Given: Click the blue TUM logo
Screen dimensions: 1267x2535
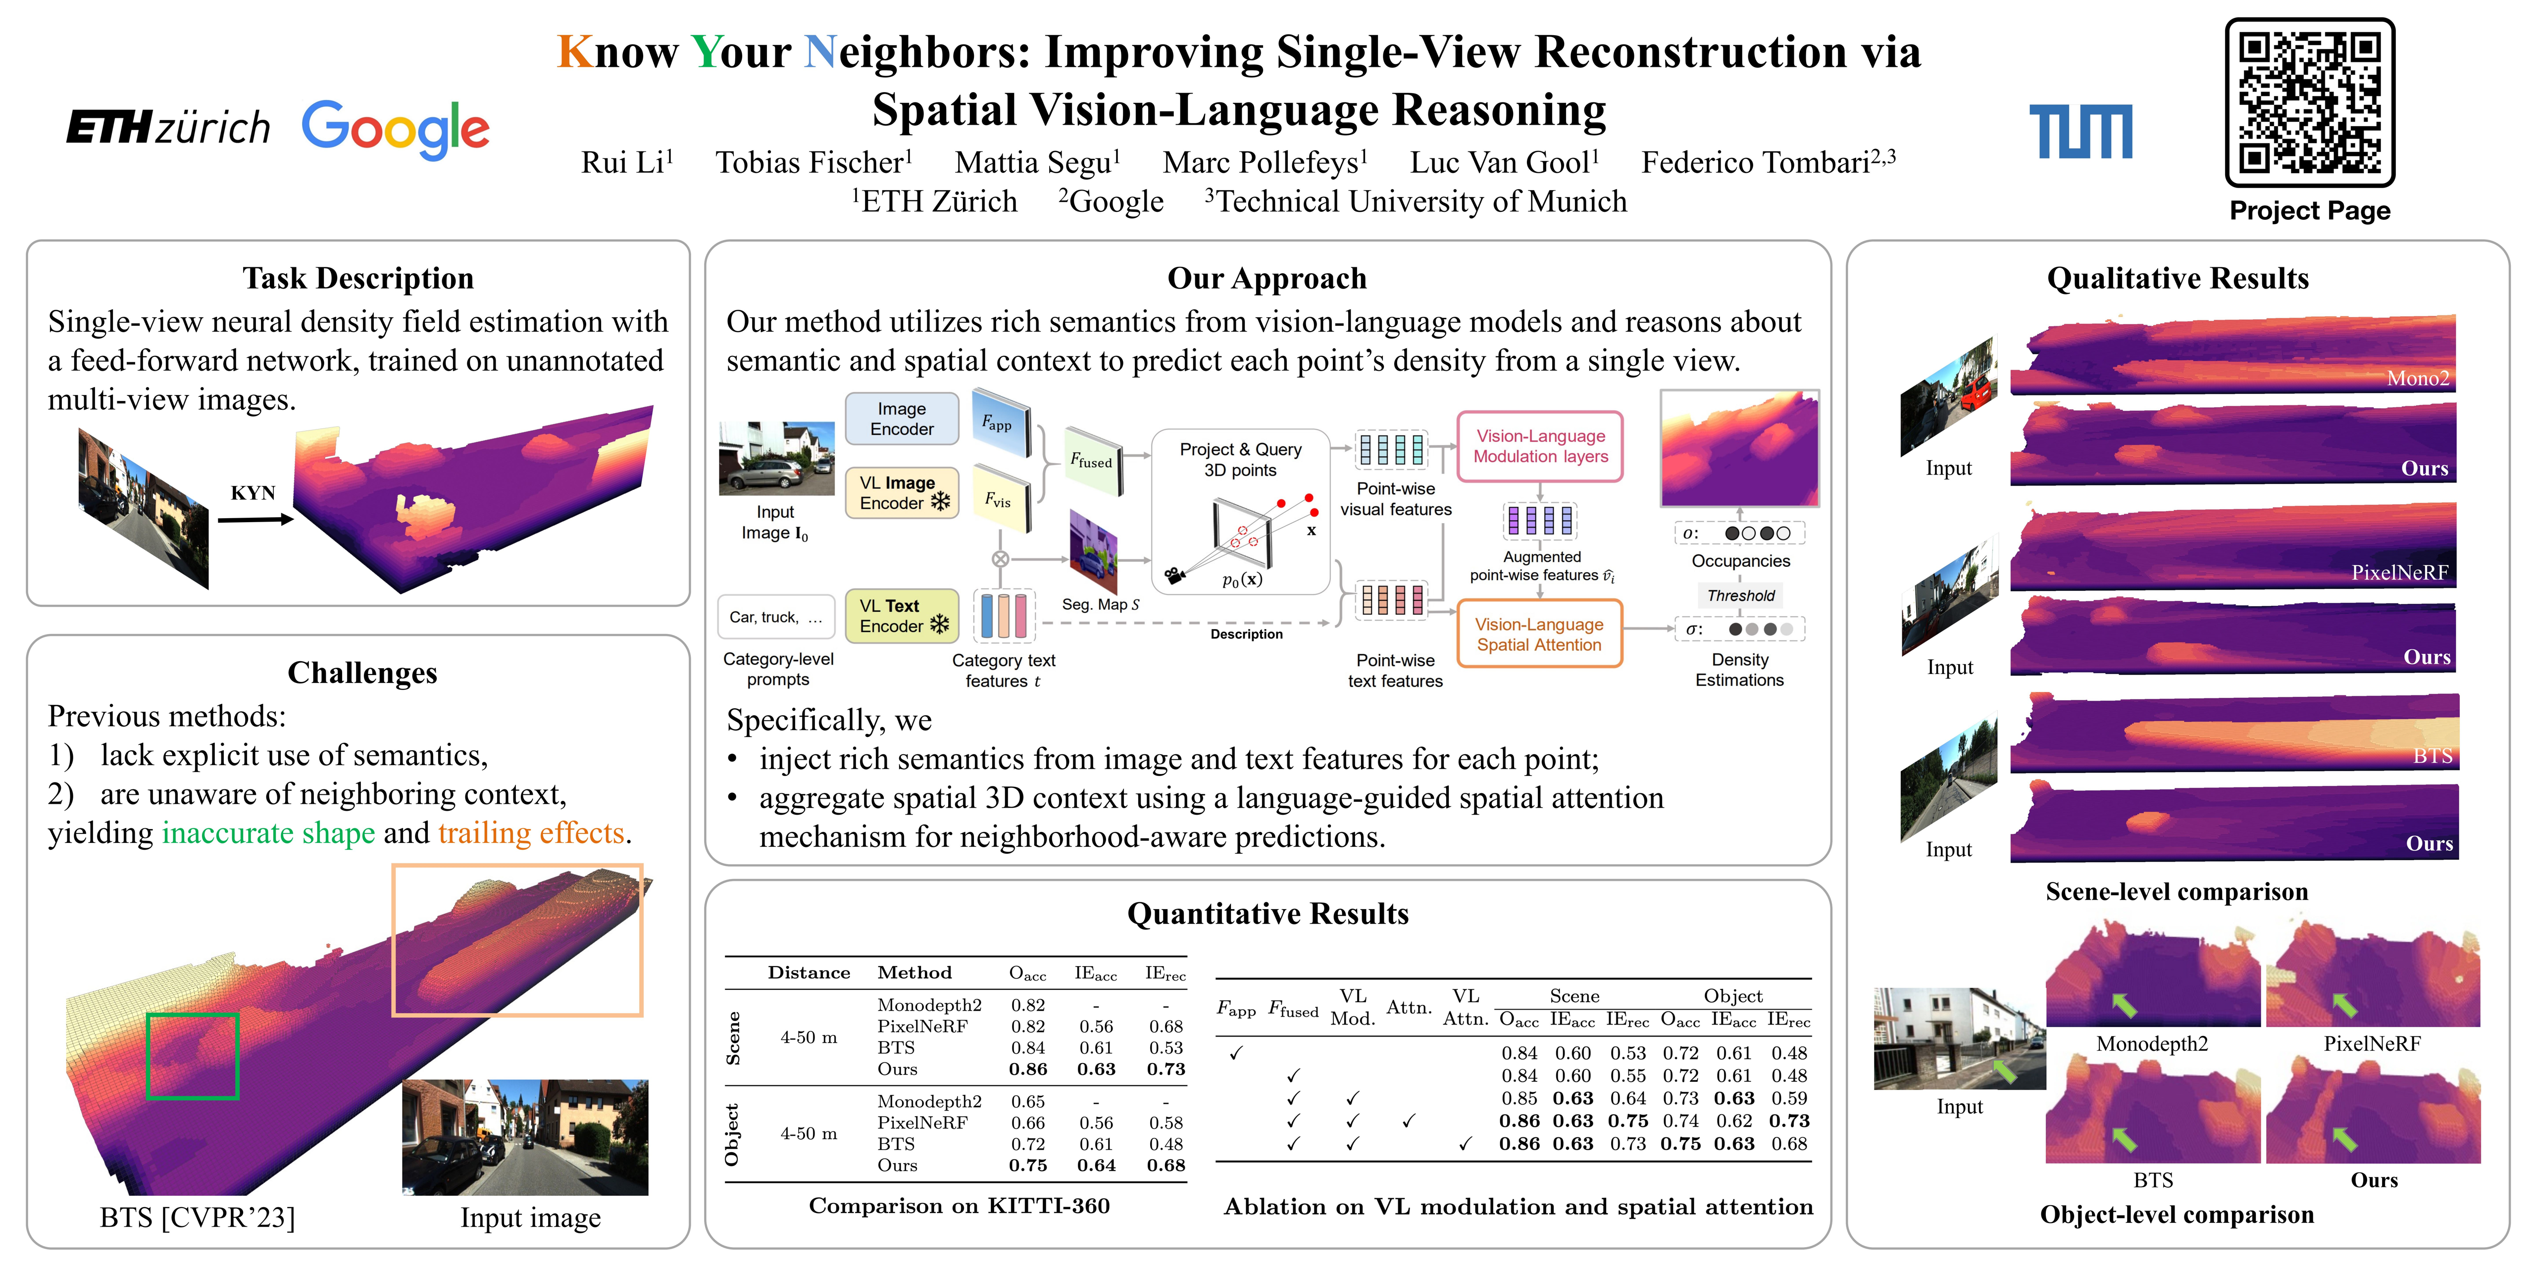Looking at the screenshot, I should point(2080,132).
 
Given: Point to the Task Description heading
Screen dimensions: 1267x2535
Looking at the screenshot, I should point(358,278).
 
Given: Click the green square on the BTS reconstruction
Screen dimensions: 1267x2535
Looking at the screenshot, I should point(193,1056).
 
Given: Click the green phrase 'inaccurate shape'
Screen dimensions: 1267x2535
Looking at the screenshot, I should point(269,833).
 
